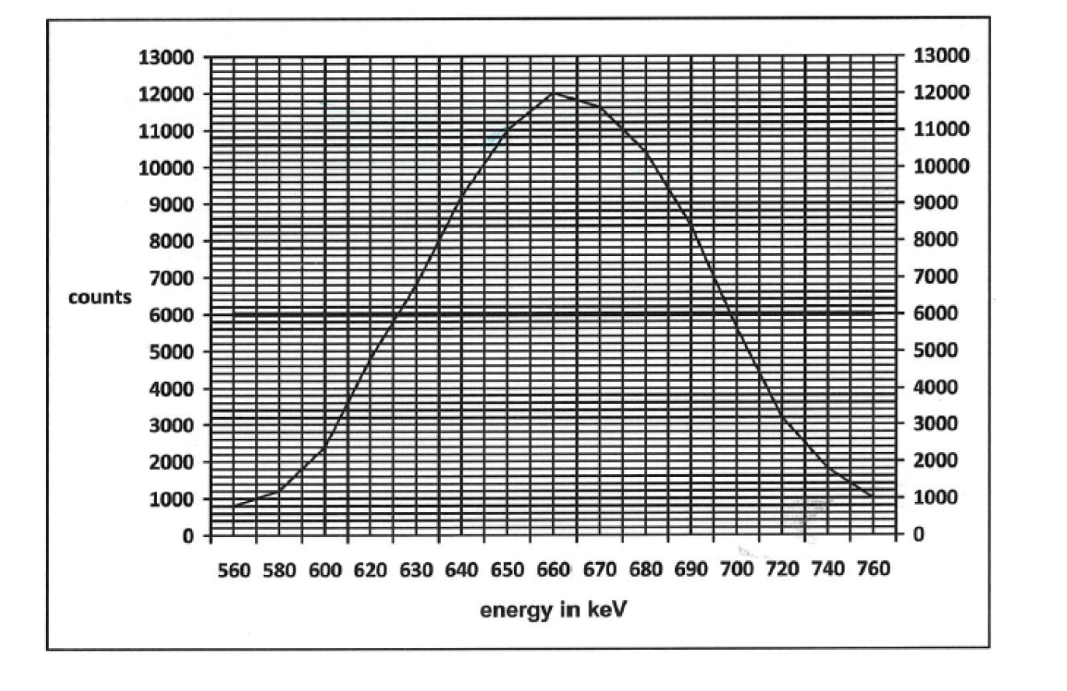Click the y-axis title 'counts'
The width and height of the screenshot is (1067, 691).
click(100, 298)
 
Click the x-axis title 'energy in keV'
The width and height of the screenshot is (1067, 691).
click(553, 610)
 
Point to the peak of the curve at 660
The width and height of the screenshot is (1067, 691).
click(553, 93)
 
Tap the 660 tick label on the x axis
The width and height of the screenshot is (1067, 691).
click(553, 570)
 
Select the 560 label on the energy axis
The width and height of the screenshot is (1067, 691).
click(234, 570)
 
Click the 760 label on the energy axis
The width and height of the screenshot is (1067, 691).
click(873, 570)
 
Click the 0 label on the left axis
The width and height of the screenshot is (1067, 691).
click(187, 536)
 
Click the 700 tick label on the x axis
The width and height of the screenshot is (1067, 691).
click(736, 570)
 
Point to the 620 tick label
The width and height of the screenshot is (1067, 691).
click(371, 570)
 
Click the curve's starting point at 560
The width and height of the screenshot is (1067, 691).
click(234, 506)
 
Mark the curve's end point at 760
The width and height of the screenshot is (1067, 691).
click(873, 496)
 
